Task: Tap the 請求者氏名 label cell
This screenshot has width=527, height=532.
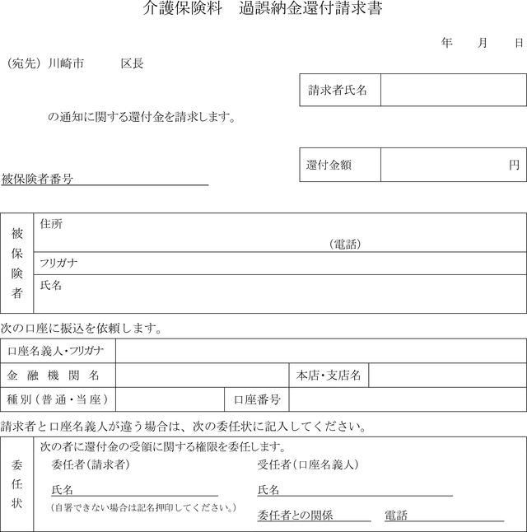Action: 338,90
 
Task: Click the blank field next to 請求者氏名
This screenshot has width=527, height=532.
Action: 453,90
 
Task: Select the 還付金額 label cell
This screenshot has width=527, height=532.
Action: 338,165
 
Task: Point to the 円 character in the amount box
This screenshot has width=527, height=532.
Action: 514,165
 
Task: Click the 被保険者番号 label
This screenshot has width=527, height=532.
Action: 37,179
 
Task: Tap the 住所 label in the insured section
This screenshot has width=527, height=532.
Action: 51,224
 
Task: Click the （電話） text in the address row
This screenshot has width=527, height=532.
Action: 345,244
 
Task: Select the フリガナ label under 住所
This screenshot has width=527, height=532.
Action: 58,263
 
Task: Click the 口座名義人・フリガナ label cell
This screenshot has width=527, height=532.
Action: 57,351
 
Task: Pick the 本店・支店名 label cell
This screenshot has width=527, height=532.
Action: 329,376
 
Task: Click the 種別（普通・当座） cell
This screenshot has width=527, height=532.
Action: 58,399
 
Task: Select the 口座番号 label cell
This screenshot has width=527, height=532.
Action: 257,399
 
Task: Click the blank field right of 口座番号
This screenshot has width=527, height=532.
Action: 407,399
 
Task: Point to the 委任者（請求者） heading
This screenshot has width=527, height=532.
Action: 90,464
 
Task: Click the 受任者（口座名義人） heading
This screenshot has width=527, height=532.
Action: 308,464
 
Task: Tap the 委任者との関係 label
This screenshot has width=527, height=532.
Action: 295,516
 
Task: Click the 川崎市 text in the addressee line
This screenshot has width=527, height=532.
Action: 66,63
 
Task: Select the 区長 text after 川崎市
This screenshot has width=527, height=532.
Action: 132,63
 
